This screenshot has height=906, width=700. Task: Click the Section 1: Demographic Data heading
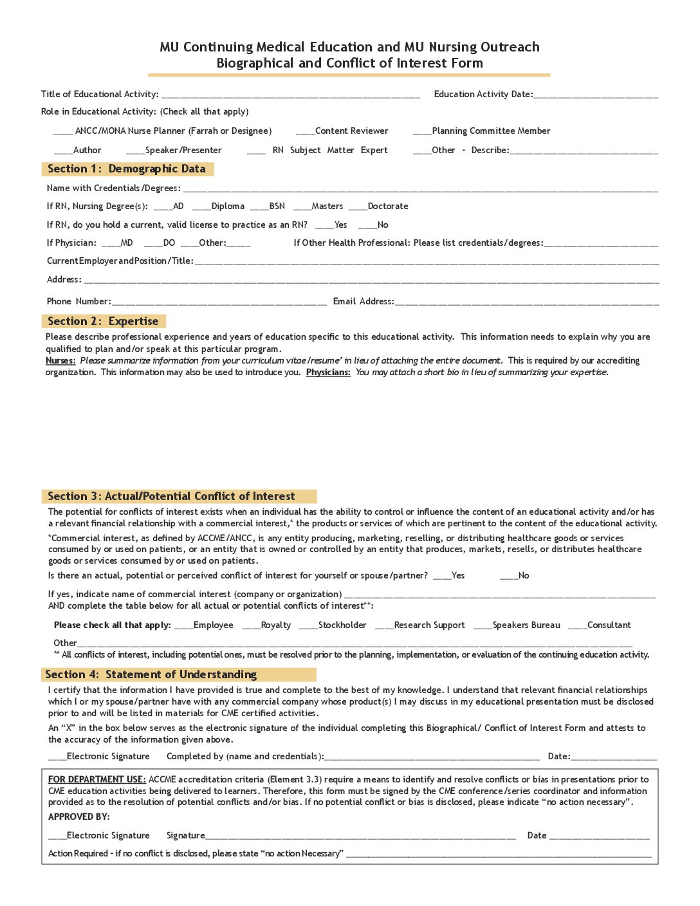(127, 169)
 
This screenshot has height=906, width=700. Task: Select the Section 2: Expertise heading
(103, 321)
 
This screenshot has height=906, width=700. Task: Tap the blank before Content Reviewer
(305, 131)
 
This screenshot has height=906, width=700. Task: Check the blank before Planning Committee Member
(422, 131)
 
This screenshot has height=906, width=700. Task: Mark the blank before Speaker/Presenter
(135, 151)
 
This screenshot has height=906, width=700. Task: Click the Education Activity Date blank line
(595, 95)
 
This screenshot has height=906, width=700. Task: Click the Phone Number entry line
(219, 302)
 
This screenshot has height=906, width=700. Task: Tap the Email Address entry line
(526, 302)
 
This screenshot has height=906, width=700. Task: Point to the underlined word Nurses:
(60, 361)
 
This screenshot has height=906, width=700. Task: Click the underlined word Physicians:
(328, 373)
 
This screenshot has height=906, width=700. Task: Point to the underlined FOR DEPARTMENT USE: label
(97, 779)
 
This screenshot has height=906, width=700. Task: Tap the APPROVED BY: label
(79, 817)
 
